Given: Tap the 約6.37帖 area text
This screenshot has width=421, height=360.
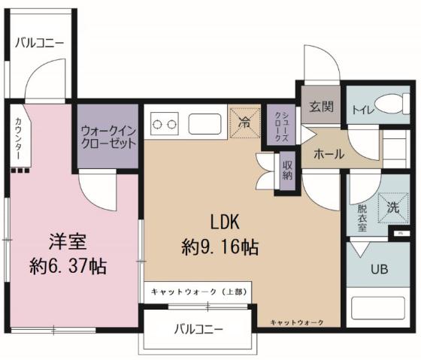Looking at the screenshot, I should click(x=68, y=265).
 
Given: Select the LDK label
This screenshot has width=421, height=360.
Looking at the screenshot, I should click(x=224, y=222).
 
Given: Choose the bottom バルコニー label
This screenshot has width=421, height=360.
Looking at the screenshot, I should click(x=198, y=328).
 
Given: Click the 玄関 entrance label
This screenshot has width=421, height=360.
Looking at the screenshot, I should click(x=321, y=107).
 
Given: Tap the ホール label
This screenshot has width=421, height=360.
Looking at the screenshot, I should click(x=329, y=154).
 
